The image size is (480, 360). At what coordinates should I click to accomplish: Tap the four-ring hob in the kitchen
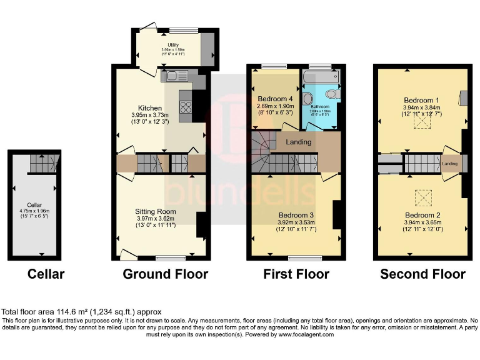(186, 107)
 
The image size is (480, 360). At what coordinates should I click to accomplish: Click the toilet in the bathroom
(332, 94)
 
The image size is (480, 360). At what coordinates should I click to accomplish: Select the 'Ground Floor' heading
(165, 274)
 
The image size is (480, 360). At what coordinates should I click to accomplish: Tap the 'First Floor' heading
(296, 274)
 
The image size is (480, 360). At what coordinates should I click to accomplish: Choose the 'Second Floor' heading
(422, 274)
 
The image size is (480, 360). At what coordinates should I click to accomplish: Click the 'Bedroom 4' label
(275, 99)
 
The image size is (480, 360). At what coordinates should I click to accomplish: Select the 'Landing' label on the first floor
(299, 142)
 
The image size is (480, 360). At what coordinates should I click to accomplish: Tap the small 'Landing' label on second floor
(449, 164)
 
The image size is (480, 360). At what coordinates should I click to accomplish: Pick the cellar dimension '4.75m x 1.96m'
(34, 211)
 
